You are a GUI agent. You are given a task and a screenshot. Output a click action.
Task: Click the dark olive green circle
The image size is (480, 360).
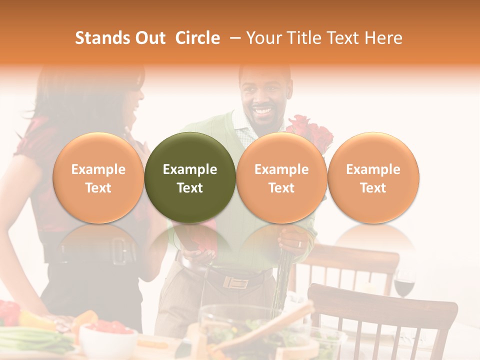click(190, 178)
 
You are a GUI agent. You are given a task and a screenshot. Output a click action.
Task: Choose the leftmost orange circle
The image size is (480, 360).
click(98, 178)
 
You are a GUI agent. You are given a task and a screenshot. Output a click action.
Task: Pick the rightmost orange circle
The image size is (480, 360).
click(373, 178)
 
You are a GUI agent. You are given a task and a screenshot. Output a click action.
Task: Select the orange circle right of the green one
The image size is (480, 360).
click(281, 178)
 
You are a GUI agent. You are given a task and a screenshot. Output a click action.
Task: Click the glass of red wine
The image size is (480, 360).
click(404, 285)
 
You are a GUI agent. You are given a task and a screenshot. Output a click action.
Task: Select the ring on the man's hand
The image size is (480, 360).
click(299, 244)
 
